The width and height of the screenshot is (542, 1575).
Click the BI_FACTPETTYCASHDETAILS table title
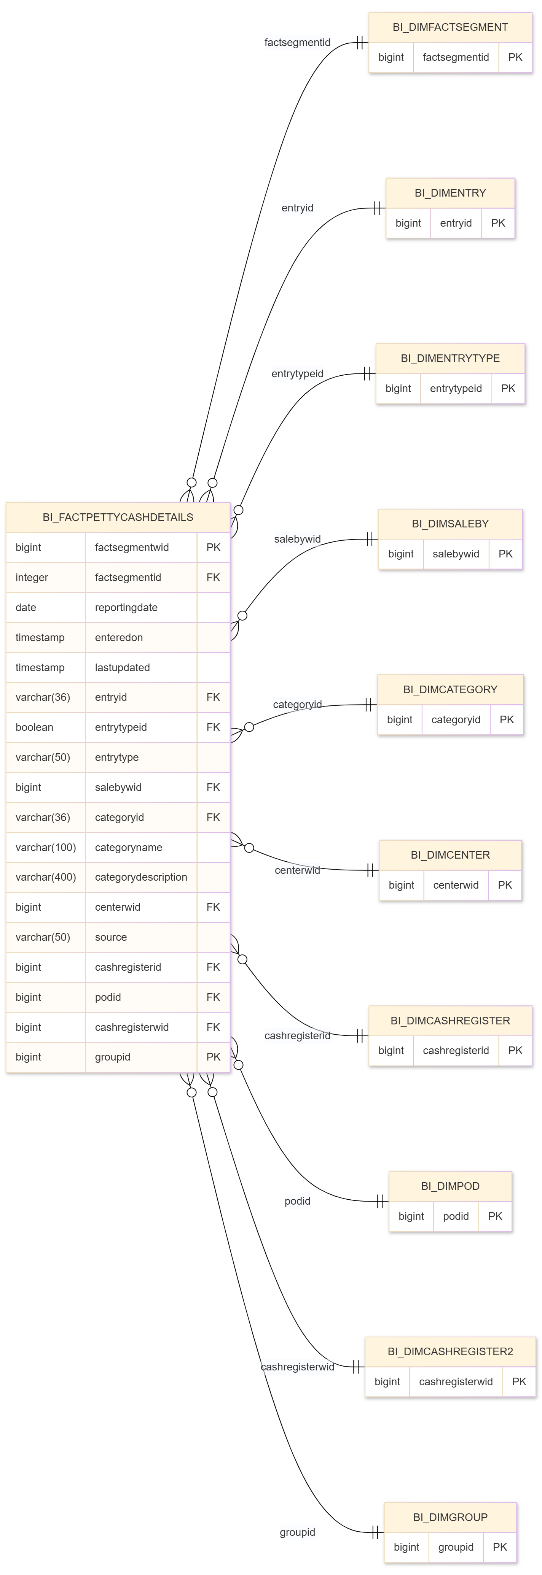pyautogui.click(x=118, y=517)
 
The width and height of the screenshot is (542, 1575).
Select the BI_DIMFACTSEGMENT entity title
pyautogui.click(x=450, y=27)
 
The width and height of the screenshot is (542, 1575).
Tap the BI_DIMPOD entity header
pyautogui.click(x=450, y=1186)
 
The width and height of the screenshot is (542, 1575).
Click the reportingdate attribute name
pyautogui.click(x=126, y=607)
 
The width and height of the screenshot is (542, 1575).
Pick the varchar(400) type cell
pyautogui.click(x=46, y=877)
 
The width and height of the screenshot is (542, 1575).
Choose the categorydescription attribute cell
pyautogui.click(x=141, y=877)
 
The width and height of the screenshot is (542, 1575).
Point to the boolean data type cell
pyautogui.click(x=34, y=727)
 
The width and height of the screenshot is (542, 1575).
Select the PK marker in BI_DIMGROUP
pyautogui.click(x=500, y=1547)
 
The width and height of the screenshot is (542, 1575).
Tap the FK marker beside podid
pyautogui.click(x=213, y=997)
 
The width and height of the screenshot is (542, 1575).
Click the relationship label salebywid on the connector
pyautogui.click(x=297, y=539)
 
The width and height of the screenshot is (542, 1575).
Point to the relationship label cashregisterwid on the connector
pyautogui.click(x=297, y=1367)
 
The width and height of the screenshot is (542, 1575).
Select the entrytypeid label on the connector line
pyautogui.click(x=297, y=373)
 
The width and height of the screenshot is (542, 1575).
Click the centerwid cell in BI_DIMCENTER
pyautogui.click(x=456, y=885)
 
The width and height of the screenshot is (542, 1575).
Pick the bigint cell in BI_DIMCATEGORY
pyautogui.click(x=400, y=720)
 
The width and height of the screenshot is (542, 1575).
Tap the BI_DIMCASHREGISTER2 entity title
pyautogui.click(x=450, y=1351)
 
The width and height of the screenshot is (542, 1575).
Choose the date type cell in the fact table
pyautogui.click(x=26, y=607)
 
